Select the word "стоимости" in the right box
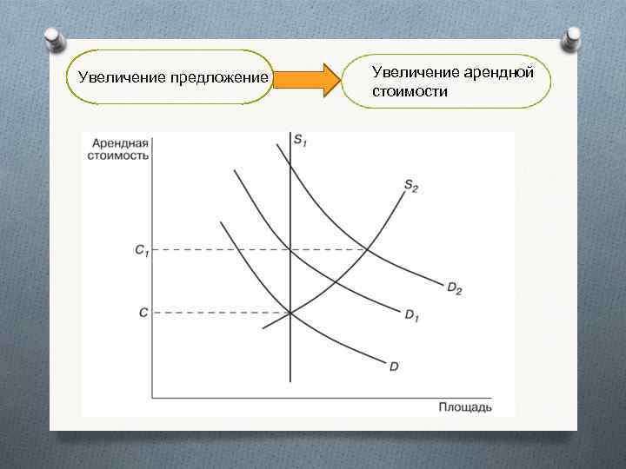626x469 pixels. point(410,90)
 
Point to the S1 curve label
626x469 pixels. point(300,141)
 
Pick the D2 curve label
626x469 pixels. point(454,288)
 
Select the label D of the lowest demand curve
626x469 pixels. point(393,367)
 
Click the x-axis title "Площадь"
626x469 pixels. point(464,406)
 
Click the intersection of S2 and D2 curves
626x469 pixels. point(367,250)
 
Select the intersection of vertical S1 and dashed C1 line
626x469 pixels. point(290,250)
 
